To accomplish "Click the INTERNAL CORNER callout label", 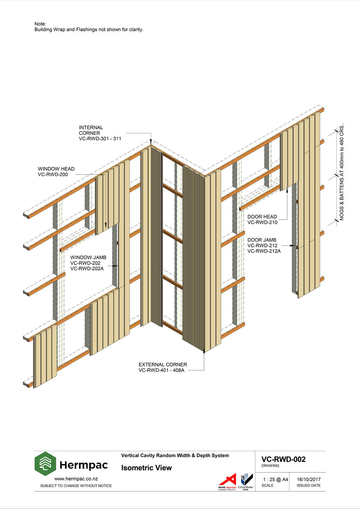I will tap(100, 133).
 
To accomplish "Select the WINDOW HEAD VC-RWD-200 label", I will tap(56, 171).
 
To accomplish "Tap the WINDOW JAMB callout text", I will tap(88, 263).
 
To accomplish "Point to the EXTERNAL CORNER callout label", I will tap(162, 367).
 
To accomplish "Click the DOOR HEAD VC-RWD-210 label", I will tap(262, 220).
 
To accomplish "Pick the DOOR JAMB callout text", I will tap(264, 246).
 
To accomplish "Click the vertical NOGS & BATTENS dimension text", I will tap(342, 172).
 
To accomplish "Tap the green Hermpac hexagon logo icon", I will tap(45, 464).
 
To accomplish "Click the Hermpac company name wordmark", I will tap(84, 465).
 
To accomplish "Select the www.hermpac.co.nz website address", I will tap(76, 478).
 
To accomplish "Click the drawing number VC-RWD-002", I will tap(283, 459).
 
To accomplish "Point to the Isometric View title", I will tap(147, 468).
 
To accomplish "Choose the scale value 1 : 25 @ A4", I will tap(275, 479).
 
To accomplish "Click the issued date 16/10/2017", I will tap(309, 479).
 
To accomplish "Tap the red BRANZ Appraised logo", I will tap(227, 481).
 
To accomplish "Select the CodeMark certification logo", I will tap(246, 481).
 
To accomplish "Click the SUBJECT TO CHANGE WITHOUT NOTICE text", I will tap(76, 486).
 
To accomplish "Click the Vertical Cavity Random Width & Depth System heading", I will tap(175, 456).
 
